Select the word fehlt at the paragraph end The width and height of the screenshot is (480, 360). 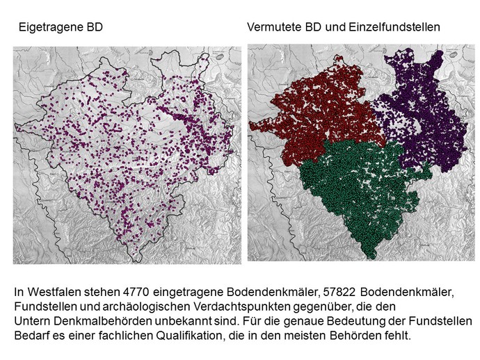click(x=400, y=336)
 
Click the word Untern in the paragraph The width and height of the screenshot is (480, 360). click(x=31, y=322)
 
